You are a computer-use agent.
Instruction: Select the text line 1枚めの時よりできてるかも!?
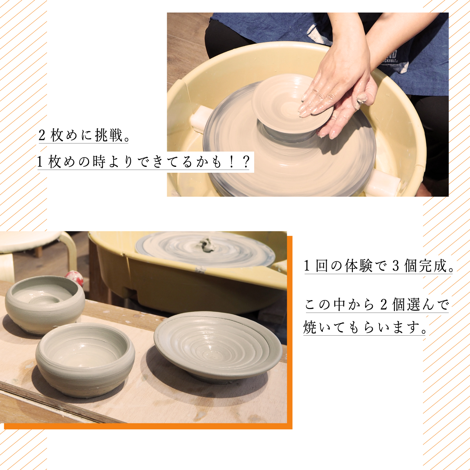(x=143, y=162)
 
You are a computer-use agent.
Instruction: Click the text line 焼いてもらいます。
(x=364, y=328)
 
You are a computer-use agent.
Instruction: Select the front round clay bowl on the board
(x=85, y=359)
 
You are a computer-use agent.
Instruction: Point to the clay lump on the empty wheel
(x=206, y=245)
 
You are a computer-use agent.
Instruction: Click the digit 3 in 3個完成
(x=396, y=266)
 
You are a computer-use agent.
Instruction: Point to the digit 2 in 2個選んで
(x=383, y=304)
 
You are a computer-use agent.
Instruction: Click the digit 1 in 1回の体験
(x=307, y=266)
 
